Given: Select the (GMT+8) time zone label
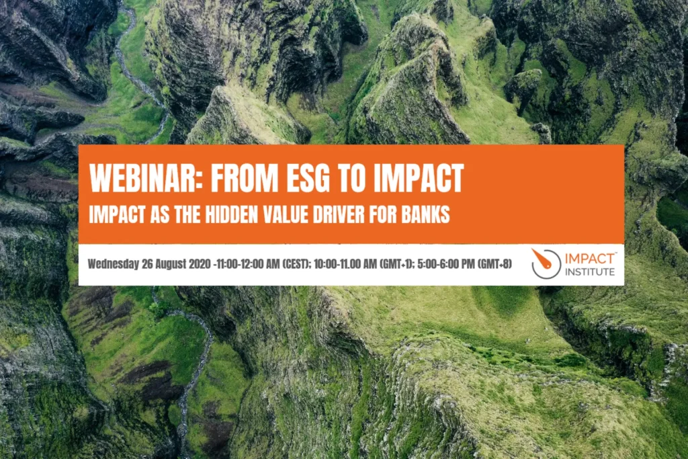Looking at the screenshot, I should tap(494, 264).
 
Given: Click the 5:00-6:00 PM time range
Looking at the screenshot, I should tap(449, 264).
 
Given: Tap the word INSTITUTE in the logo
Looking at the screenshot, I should tap(590, 272).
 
